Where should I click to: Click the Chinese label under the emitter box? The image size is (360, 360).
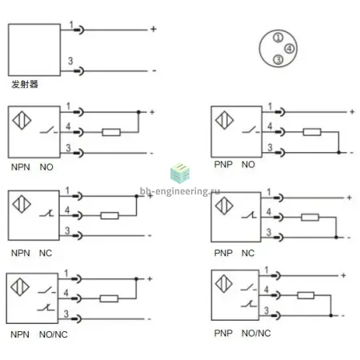coord(25,84)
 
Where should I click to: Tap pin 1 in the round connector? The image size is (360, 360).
coord(278,38)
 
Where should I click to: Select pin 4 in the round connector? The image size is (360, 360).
coord(290,49)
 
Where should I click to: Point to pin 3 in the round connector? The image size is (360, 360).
coord(278,59)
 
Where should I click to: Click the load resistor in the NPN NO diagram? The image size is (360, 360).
coord(111,132)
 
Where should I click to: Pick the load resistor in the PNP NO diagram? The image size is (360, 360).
coord(312,132)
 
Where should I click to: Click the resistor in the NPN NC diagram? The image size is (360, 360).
coord(110,215)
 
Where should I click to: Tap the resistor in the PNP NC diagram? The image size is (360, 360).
coord(310,218)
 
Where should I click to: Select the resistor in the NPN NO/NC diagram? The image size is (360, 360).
coord(109,298)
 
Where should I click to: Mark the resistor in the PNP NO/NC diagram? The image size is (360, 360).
coord(306,295)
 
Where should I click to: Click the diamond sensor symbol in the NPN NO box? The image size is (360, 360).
coord(22,120)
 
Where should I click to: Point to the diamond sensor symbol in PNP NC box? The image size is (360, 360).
coord(224,206)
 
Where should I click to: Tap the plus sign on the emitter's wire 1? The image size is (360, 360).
coord(154,29)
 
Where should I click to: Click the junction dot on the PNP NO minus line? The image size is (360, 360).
coord(338,153)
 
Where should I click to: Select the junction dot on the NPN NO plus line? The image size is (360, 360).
coord(138,112)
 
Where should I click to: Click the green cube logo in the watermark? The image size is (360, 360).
coord(180,174)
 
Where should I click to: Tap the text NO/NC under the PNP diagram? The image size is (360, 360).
coord(256,333)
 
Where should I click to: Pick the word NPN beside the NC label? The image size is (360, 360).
coord(21,253)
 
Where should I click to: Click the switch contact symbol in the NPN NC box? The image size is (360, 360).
coord(46,214)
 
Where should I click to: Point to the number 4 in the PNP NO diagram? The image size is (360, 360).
coord(270,126)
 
